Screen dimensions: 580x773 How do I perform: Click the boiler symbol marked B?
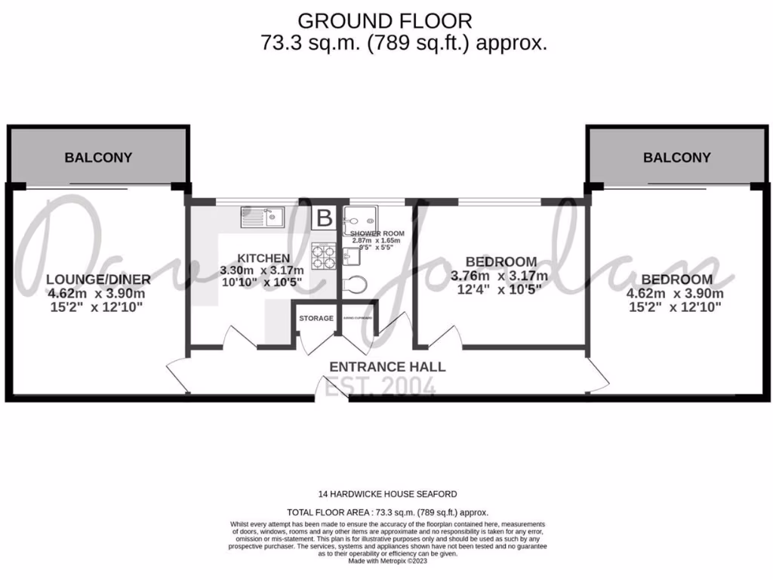(x=324, y=218)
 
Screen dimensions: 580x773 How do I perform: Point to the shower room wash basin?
(x=352, y=257)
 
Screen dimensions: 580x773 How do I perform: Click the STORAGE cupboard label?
(x=316, y=319)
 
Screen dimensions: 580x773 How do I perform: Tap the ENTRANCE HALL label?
(x=387, y=367)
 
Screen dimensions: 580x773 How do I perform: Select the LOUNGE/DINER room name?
(x=99, y=280)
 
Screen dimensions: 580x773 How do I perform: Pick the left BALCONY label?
(x=98, y=158)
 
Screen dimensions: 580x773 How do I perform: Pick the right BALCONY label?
(x=676, y=158)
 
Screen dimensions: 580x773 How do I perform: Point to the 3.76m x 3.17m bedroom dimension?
(x=499, y=276)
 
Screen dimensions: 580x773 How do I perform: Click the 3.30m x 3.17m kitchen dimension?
(x=262, y=270)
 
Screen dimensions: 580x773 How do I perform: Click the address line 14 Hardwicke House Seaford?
(x=387, y=494)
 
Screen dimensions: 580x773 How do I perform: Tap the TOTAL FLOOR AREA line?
(x=387, y=512)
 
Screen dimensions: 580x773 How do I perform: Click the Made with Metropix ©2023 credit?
(x=387, y=561)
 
